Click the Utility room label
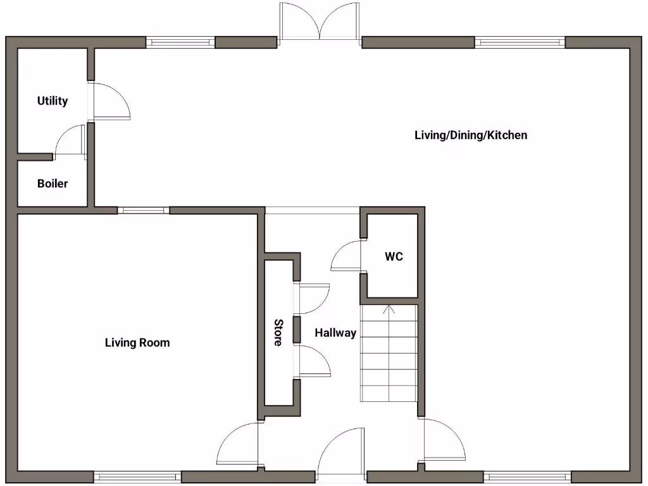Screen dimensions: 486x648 (x=53, y=101)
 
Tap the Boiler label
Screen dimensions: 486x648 (x=53, y=184)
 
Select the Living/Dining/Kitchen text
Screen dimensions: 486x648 (x=471, y=135)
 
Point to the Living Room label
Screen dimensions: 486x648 (x=137, y=342)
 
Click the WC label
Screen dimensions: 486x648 (x=394, y=257)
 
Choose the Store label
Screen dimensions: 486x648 (x=278, y=332)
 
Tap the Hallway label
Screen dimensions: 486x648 (x=335, y=332)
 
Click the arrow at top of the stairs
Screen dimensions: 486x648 (x=389, y=309)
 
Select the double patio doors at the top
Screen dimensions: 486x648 (x=320, y=23)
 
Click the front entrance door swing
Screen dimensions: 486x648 (x=342, y=452)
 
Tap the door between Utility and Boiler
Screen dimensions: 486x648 (x=70, y=141)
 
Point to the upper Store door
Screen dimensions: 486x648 (x=313, y=298)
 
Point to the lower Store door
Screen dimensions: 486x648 (x=313, y=361)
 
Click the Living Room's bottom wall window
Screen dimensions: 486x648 (x=137, y=476)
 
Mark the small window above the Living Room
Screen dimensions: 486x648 (x=143, y=210)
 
